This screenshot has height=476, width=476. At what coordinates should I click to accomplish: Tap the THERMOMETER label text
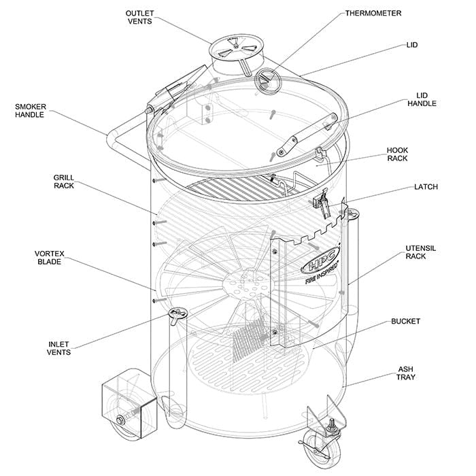373,13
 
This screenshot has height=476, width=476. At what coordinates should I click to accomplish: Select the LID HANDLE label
422,99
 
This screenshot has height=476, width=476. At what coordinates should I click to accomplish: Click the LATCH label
426,187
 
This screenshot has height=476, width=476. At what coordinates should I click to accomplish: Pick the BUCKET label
405,321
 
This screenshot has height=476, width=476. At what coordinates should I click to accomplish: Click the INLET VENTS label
58,347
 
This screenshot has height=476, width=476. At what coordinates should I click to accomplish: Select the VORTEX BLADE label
50,258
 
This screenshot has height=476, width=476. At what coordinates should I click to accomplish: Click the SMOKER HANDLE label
29,110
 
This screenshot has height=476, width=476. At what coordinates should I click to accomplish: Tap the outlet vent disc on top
231,49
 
